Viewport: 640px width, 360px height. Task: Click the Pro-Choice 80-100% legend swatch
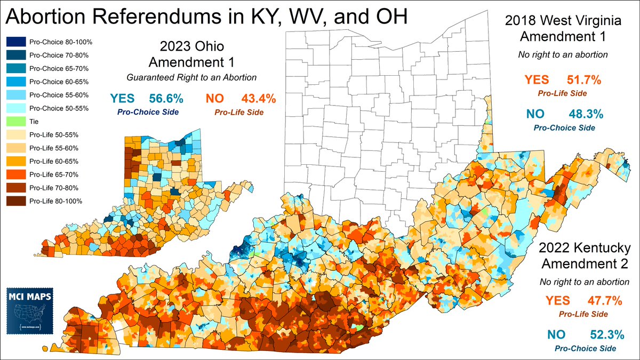[15, 42]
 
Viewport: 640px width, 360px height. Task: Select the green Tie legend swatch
[15, 122]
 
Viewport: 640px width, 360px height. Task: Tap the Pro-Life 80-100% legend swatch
[15, 201]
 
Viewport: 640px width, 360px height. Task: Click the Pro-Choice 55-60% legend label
[55, 95]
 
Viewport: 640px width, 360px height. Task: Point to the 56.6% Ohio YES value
[166, 99]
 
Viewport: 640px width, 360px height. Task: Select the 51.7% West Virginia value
[583, 81]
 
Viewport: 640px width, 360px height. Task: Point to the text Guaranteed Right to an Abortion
[191, 78]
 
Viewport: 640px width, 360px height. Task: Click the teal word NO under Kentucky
[556, 334]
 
